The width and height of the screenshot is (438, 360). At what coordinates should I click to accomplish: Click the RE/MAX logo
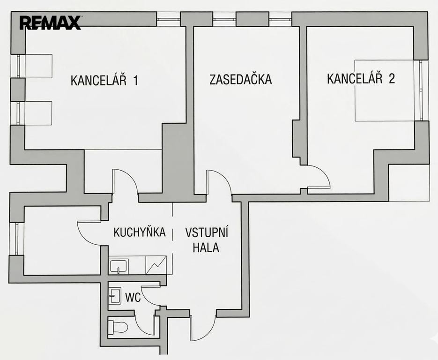[50, 22]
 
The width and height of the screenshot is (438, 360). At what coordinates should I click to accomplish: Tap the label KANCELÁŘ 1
[104, 80]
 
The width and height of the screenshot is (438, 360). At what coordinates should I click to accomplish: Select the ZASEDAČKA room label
[240, 79]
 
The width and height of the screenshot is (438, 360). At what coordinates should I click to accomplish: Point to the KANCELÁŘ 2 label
[361, 78]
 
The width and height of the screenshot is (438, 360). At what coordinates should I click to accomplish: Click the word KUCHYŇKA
[140, 232]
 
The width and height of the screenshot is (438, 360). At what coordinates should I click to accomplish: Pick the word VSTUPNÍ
[207, 233]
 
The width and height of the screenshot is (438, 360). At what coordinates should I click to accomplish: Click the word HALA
[206, 247]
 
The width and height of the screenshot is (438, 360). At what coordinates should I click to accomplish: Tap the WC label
[133, 297]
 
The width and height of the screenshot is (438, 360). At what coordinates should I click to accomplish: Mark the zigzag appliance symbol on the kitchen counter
[156, 265]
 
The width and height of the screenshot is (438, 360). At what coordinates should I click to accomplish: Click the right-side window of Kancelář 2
[423, 90]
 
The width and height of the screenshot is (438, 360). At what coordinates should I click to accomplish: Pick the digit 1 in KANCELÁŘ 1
[135, 80]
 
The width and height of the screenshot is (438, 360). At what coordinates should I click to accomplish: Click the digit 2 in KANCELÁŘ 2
[391, 78]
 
